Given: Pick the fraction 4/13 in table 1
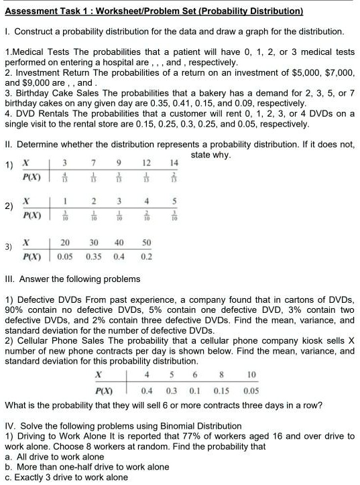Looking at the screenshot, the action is pyautogui.click(x=64, y=179).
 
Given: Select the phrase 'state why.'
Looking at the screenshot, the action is pyautogui.click(x=211, y=155).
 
